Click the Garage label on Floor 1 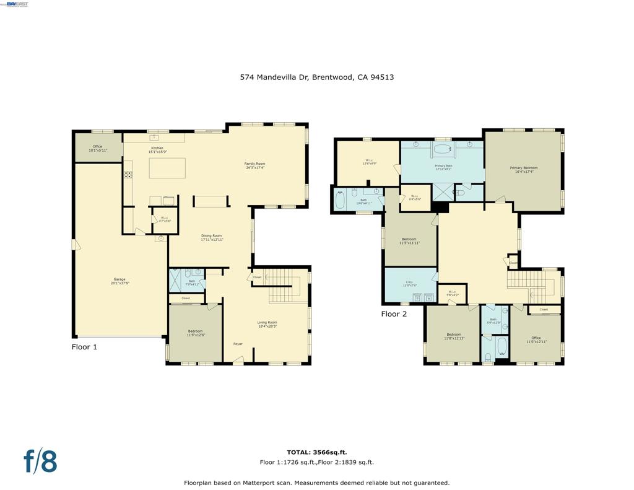tap(120, 281)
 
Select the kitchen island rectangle tap(167, 168)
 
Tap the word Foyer tap(238, 344)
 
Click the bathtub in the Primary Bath tap(442, 149)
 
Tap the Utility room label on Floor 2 tap(410, 284)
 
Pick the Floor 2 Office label tap(536, 339)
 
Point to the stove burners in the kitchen tap(128, 175)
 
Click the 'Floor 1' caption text tap(84, 347)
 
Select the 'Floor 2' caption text tap(394, 314)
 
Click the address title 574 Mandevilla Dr tap(317, 77)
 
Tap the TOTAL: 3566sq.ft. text tap(316, 452)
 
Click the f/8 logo tap(40, 462)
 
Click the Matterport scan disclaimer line tap(316, 483)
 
